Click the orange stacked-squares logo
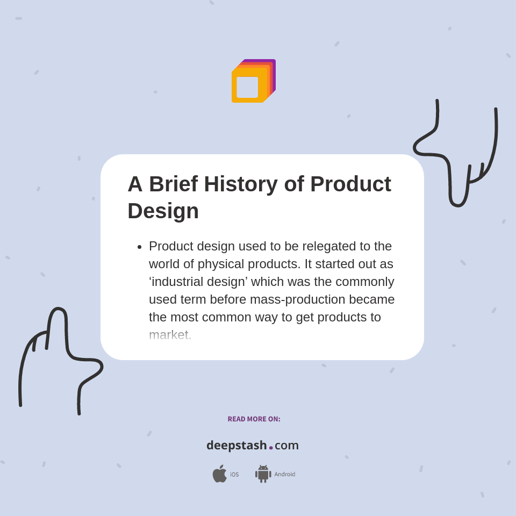tap(253, 81)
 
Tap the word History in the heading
tap(240, 184)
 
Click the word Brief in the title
tap(173, 184)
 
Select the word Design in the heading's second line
tap(163, 211)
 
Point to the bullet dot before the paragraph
tap(139, 247)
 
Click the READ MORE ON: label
tap(254, 419)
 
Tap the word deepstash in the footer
tap(236, 445)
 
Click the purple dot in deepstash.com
tap(271, 448)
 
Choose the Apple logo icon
tap(219, 474)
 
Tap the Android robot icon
tap(263, 474)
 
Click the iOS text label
tap(234, 475)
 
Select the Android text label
tap(284, 475)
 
